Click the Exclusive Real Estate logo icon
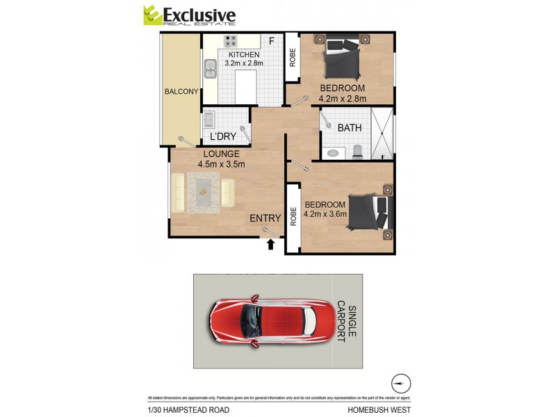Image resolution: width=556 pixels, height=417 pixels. pyautogui.click(x=152, y=15)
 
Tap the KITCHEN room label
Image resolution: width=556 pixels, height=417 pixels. pyautogui.click(x=243, y=55)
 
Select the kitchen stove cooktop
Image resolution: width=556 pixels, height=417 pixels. pyautogui.click(x=231, y=41)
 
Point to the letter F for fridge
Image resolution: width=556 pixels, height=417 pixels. pyautogui.click(x=272, y=40)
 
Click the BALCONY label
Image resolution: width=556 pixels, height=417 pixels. pyautogui.click(x=181, y=92)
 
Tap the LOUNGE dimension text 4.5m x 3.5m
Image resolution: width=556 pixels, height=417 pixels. pyautogui.click(x=221, y=165)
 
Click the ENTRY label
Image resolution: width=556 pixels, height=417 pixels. pyautogui.click(x=265, y=218)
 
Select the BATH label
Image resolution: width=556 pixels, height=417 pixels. pyautogui.click(x=349, y=128)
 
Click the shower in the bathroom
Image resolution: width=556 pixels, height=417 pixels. pyautogui.click(x=382, y=131)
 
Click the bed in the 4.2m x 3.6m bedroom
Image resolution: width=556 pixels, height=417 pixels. pyautogui.click(x=369, y=211)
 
